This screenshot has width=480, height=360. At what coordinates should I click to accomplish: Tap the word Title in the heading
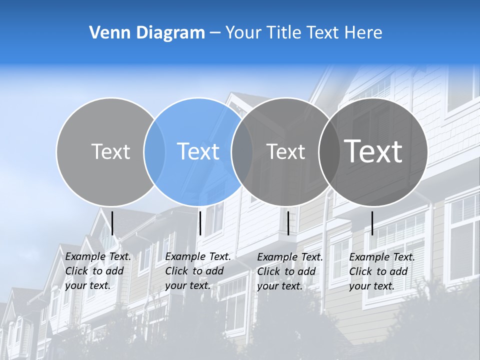click(283, 33)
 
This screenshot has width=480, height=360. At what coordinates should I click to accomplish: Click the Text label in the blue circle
click(198, 151)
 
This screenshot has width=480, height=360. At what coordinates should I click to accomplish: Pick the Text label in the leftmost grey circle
click(110, 151)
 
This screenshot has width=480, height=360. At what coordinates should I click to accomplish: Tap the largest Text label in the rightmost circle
click(373, 151)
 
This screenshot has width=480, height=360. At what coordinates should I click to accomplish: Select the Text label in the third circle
click(285, 151)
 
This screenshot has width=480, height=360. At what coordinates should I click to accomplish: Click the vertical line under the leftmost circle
click(112, 223)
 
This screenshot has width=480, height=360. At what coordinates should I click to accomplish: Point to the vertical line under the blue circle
click(200, 223)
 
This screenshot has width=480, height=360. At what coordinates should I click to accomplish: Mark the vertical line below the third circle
click(288, 223)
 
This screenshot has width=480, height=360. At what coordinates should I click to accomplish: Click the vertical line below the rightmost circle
click(372, 223)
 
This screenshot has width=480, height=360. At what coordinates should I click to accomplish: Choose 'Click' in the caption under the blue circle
click(176, 271)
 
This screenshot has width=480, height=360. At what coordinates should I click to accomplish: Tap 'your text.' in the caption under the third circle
click(280, 286)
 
